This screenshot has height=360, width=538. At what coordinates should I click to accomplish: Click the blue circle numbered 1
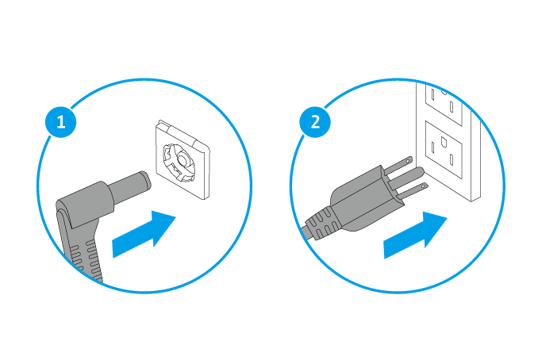(x=61, y=121)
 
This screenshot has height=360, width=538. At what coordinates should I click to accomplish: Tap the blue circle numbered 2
(x=315, y=121)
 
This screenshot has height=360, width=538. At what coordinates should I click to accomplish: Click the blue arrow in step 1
(x=144, y=234)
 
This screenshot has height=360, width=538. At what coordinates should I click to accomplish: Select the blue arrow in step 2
(x=416, y=235)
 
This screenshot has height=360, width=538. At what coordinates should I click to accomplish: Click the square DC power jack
(x=183, y=159)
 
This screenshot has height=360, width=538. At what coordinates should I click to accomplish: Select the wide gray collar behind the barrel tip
(x=85, y=204)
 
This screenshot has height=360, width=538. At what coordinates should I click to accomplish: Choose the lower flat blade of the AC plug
(x=413, y=192)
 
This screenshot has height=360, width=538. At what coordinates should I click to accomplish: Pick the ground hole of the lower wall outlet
(x=443, y=141)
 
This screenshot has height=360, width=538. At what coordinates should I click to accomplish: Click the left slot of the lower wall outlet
(x=433, y=147)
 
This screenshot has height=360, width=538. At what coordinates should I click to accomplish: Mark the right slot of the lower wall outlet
(x=452, y=160)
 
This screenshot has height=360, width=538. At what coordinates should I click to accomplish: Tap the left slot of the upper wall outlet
(x=433, y=94)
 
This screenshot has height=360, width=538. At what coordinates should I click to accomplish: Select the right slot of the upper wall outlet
(x=452, y=107)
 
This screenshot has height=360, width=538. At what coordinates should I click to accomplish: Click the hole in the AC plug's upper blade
(x=408, y=160)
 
